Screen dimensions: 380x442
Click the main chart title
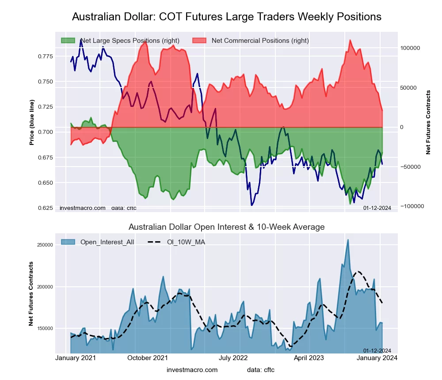coord(226,17)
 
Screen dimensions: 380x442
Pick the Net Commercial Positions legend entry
coord(260,41)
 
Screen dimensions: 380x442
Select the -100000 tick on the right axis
coord(412,206)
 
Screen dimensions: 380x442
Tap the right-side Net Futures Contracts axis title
coord(428,122)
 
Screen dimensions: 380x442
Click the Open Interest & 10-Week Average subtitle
coord(226,227)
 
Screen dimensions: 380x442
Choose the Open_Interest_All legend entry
coord(107,242)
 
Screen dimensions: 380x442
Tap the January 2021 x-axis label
coord(76,358)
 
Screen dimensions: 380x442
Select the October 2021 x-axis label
coord(148,358)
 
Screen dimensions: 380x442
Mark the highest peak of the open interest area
coord(348,240)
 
